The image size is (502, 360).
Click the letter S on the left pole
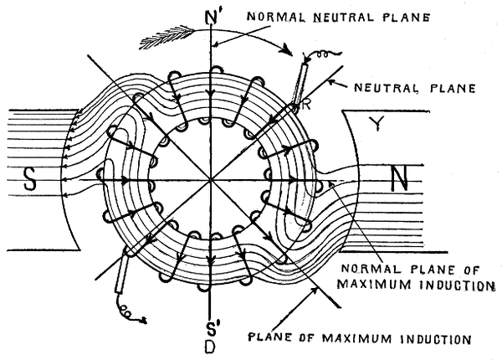31,180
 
